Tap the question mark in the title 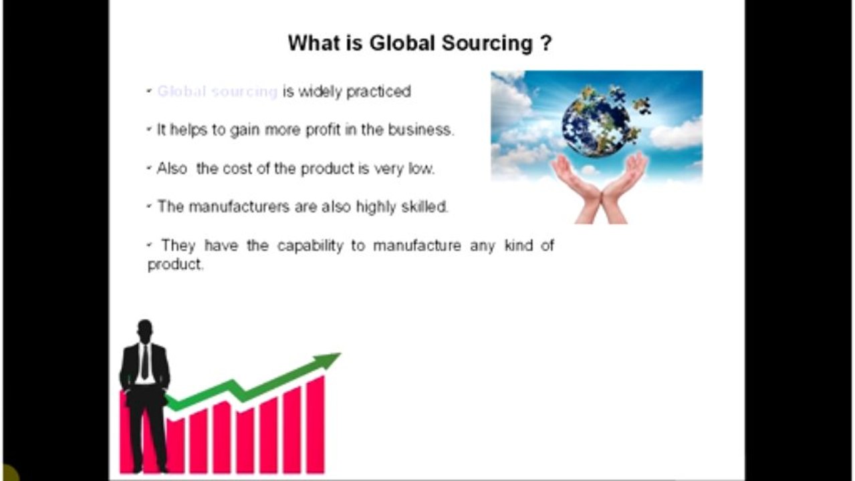(545, 43)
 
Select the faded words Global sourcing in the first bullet (217, 92)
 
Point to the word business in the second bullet (419, 130)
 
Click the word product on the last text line (174, 265)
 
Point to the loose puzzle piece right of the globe (642, 106)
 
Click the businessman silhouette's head (144, 330)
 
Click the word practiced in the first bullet (378, 92)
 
